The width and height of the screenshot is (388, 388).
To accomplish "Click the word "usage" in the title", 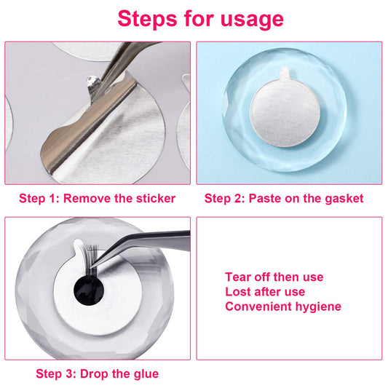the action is coord(252,20).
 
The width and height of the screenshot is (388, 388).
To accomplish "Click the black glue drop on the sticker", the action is coord(89,290).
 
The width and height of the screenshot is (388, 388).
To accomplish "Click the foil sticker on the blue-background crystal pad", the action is coord(285,111).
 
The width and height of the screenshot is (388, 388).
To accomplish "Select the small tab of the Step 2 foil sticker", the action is coord(285,72).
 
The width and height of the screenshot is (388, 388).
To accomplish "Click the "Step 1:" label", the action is coord(39,199).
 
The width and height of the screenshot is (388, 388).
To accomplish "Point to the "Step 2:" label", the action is coord(225,199).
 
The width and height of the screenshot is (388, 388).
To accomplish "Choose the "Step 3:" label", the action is coord(56,374).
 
